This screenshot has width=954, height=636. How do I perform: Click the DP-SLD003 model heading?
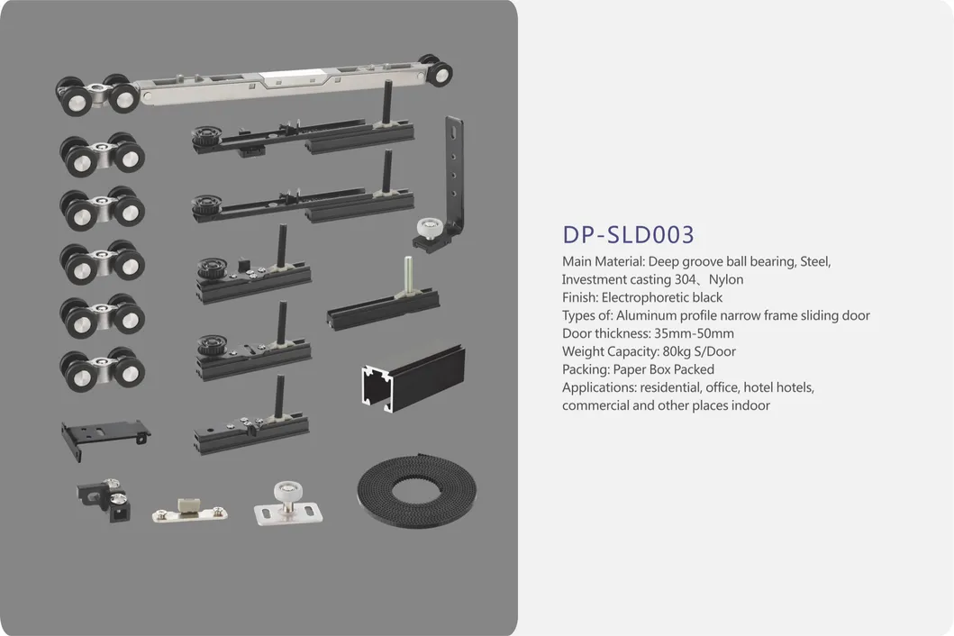click(629, 234)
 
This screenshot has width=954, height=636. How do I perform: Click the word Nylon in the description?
click(725, 279)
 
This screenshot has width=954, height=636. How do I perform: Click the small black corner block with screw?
click(103, 501)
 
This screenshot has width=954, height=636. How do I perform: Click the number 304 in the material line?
click(686, 279)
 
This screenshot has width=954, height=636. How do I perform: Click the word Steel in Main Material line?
click(815, 261)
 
